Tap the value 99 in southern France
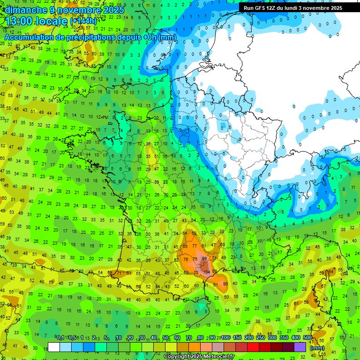pos(204,258)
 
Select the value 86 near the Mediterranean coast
pos(225,284)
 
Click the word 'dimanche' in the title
pos(26,10)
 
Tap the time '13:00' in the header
pos(22,21)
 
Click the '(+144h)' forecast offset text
pos(83,22)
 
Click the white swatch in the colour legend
pos(54,347)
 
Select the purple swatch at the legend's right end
pos(300,347)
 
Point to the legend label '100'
pos(225,338)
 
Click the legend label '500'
pos(307,338)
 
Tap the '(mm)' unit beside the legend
pos(318,348)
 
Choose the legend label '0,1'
pos(60,338)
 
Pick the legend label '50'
pos(165,338)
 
